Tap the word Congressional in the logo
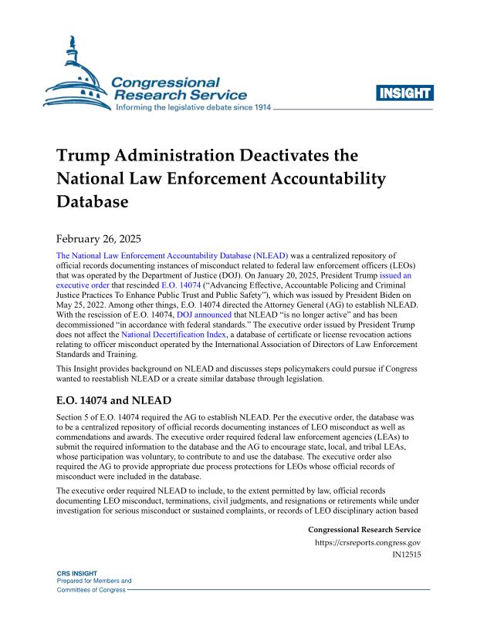point(166,81)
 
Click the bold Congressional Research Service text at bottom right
point(364,530)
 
